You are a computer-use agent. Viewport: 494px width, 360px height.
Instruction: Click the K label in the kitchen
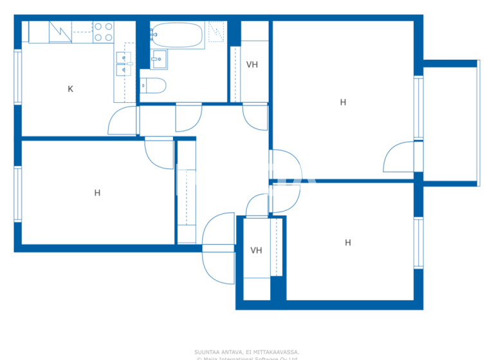(70, 89)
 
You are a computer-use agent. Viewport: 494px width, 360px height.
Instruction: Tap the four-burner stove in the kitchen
(103, 32)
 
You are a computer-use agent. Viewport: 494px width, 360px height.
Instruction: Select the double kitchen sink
(123, 64)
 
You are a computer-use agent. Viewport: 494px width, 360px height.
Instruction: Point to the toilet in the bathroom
(154, 85)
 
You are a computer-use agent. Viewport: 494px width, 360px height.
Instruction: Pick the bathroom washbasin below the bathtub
(159, 60)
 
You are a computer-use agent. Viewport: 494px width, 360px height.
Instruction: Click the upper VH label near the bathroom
(252, 64)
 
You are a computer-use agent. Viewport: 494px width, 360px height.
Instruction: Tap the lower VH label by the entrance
(256, 250)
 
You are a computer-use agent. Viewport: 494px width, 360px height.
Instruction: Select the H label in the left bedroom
(97, 192)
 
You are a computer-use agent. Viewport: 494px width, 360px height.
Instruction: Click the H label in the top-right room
(343, 102)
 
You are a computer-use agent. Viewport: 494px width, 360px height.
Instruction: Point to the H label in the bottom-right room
(347, 242)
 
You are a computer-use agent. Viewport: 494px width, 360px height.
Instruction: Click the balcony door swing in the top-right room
(398, 157)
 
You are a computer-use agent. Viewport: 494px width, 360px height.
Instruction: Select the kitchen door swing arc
(122, 121)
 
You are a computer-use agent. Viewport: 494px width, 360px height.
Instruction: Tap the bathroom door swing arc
(189, 117)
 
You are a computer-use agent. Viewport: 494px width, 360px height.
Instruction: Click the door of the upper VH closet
(255, 116)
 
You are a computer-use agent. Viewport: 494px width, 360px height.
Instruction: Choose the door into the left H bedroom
(159, 152)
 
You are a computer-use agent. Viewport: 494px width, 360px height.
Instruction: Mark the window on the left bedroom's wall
(18, 194)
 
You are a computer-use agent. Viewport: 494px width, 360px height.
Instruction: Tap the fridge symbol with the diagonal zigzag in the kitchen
(60, 32)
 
